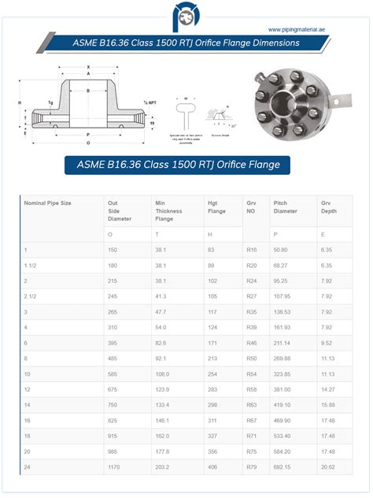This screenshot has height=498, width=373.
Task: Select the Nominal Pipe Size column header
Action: [x=48, y=203]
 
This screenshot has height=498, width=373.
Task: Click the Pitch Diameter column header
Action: [x=286, y=207]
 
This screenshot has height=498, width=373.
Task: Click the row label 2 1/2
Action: [x=33, y=296]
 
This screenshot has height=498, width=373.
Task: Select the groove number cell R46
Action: [x=252, y=343]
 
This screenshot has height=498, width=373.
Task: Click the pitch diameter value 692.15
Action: [x=283, y=467]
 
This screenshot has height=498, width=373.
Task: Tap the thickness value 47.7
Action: [x=161, y=311]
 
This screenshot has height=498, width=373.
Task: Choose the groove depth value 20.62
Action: [x=327, y=467]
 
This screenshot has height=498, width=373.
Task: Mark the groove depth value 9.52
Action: [x=327, y=343]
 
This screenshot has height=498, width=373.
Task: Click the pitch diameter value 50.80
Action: [x=281, y=250]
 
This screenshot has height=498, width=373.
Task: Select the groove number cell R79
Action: [x=252, y=467]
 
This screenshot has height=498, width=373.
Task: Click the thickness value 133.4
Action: [x=163, y=405]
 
